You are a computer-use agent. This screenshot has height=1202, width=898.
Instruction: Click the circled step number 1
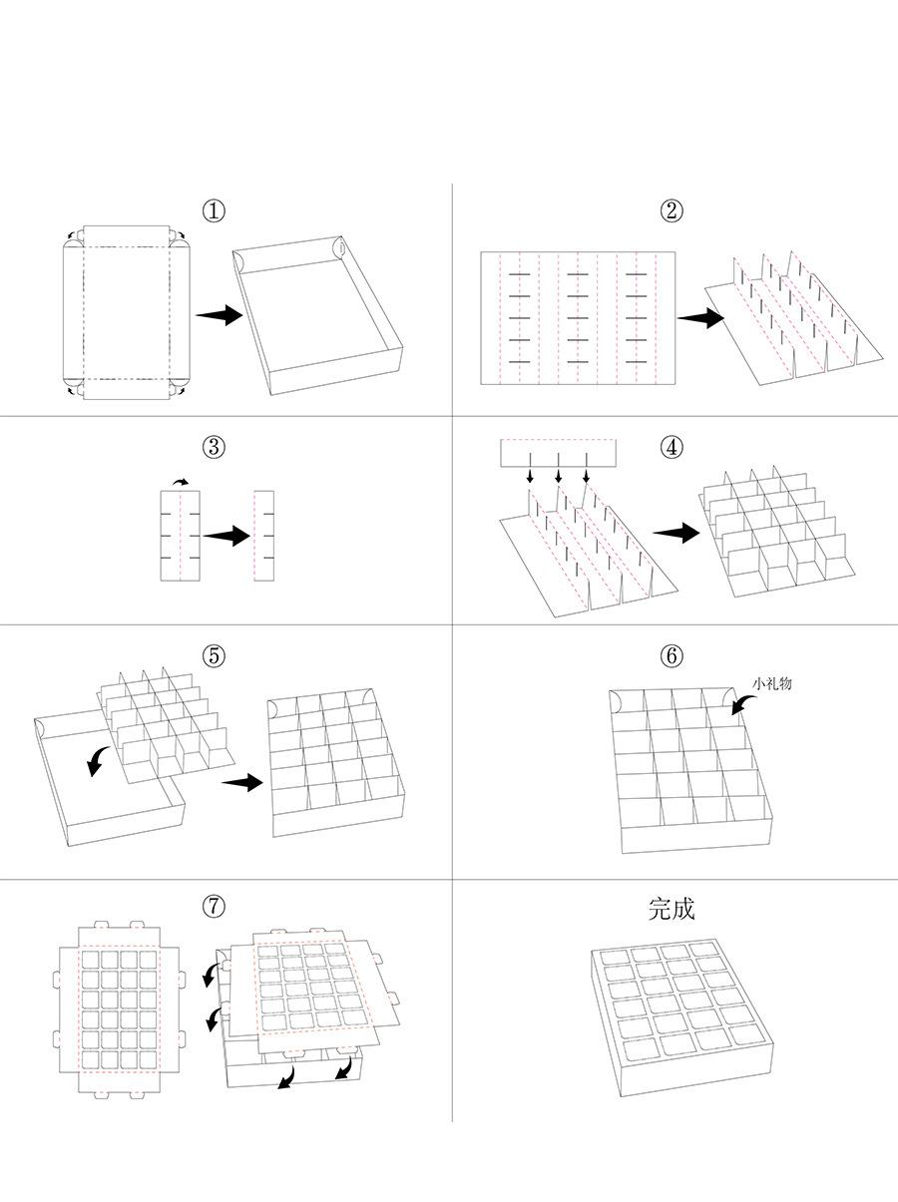coord(214,211)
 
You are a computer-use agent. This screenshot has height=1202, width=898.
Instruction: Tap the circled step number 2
coord(672,211)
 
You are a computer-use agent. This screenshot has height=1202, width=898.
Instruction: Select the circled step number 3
coord(214,447)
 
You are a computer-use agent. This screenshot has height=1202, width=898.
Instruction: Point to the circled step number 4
coord(672,447)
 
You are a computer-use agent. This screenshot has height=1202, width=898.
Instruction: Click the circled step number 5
coord(214,656)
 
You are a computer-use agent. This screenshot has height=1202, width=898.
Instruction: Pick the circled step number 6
coord(672,656)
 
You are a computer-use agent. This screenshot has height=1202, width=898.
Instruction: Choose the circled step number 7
coord(214,906)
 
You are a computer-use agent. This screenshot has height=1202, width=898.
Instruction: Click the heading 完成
coord(672,909)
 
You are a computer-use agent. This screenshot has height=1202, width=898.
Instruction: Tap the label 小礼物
coord(772,683)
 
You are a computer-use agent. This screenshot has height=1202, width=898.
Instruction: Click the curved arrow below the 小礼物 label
coord(743,702)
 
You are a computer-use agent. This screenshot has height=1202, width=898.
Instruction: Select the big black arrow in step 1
coord(219,315)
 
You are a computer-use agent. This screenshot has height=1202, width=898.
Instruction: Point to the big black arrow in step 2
coord(700,319)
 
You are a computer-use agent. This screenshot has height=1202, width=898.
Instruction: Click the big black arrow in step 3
coord(226,536)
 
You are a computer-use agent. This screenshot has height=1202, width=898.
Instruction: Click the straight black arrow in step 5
coord(242,783)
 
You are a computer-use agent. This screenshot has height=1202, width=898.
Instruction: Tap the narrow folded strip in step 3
coord(263,536)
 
